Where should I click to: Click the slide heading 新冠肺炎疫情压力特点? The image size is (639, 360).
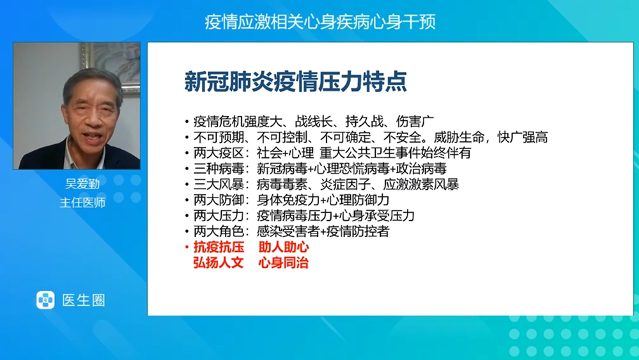295,82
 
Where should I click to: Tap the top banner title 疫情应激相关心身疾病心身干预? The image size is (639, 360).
320,22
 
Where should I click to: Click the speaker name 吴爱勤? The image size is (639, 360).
82,184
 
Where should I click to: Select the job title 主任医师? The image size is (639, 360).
82,202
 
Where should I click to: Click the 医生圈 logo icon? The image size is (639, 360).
45,300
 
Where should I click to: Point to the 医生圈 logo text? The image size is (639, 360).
84,301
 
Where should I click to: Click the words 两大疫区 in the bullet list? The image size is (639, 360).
219,153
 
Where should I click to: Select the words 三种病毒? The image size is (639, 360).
219,168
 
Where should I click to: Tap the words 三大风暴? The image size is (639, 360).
219,184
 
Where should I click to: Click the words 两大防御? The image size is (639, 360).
219,200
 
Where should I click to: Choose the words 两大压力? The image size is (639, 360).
219,215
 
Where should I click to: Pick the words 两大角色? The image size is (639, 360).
219,231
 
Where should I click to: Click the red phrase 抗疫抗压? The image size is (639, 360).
219,247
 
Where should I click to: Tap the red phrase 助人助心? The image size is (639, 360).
284,247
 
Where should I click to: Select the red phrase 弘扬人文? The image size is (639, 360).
219,263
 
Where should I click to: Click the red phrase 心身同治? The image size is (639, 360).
284,263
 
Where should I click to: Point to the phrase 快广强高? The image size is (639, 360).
523,137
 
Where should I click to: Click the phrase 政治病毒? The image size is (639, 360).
421,168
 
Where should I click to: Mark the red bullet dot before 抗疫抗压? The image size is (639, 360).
187,247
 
